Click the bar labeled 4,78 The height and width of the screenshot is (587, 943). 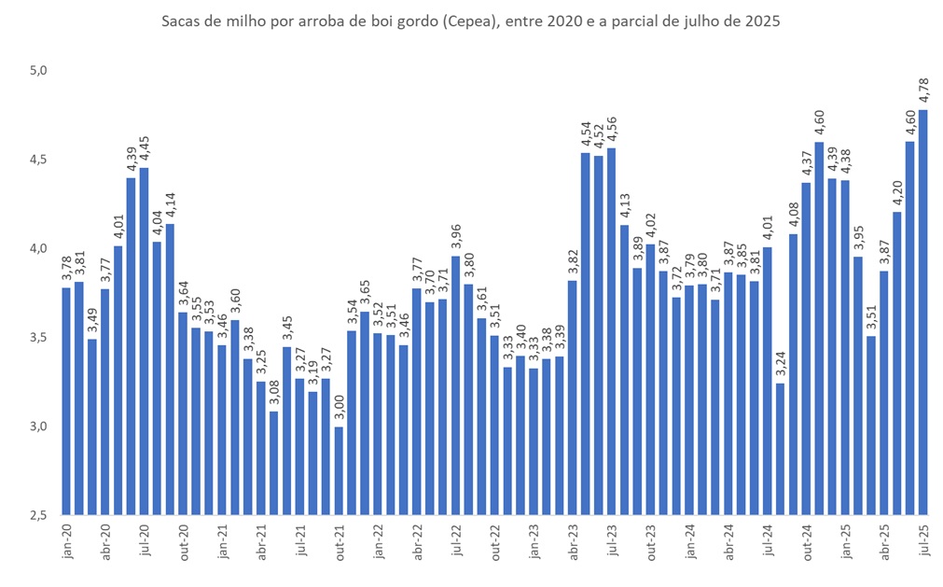922,312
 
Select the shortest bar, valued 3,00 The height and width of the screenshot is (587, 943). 338,470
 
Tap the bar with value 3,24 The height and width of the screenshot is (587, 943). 780,449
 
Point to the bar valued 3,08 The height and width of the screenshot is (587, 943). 273,463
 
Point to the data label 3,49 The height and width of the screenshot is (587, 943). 91,321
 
